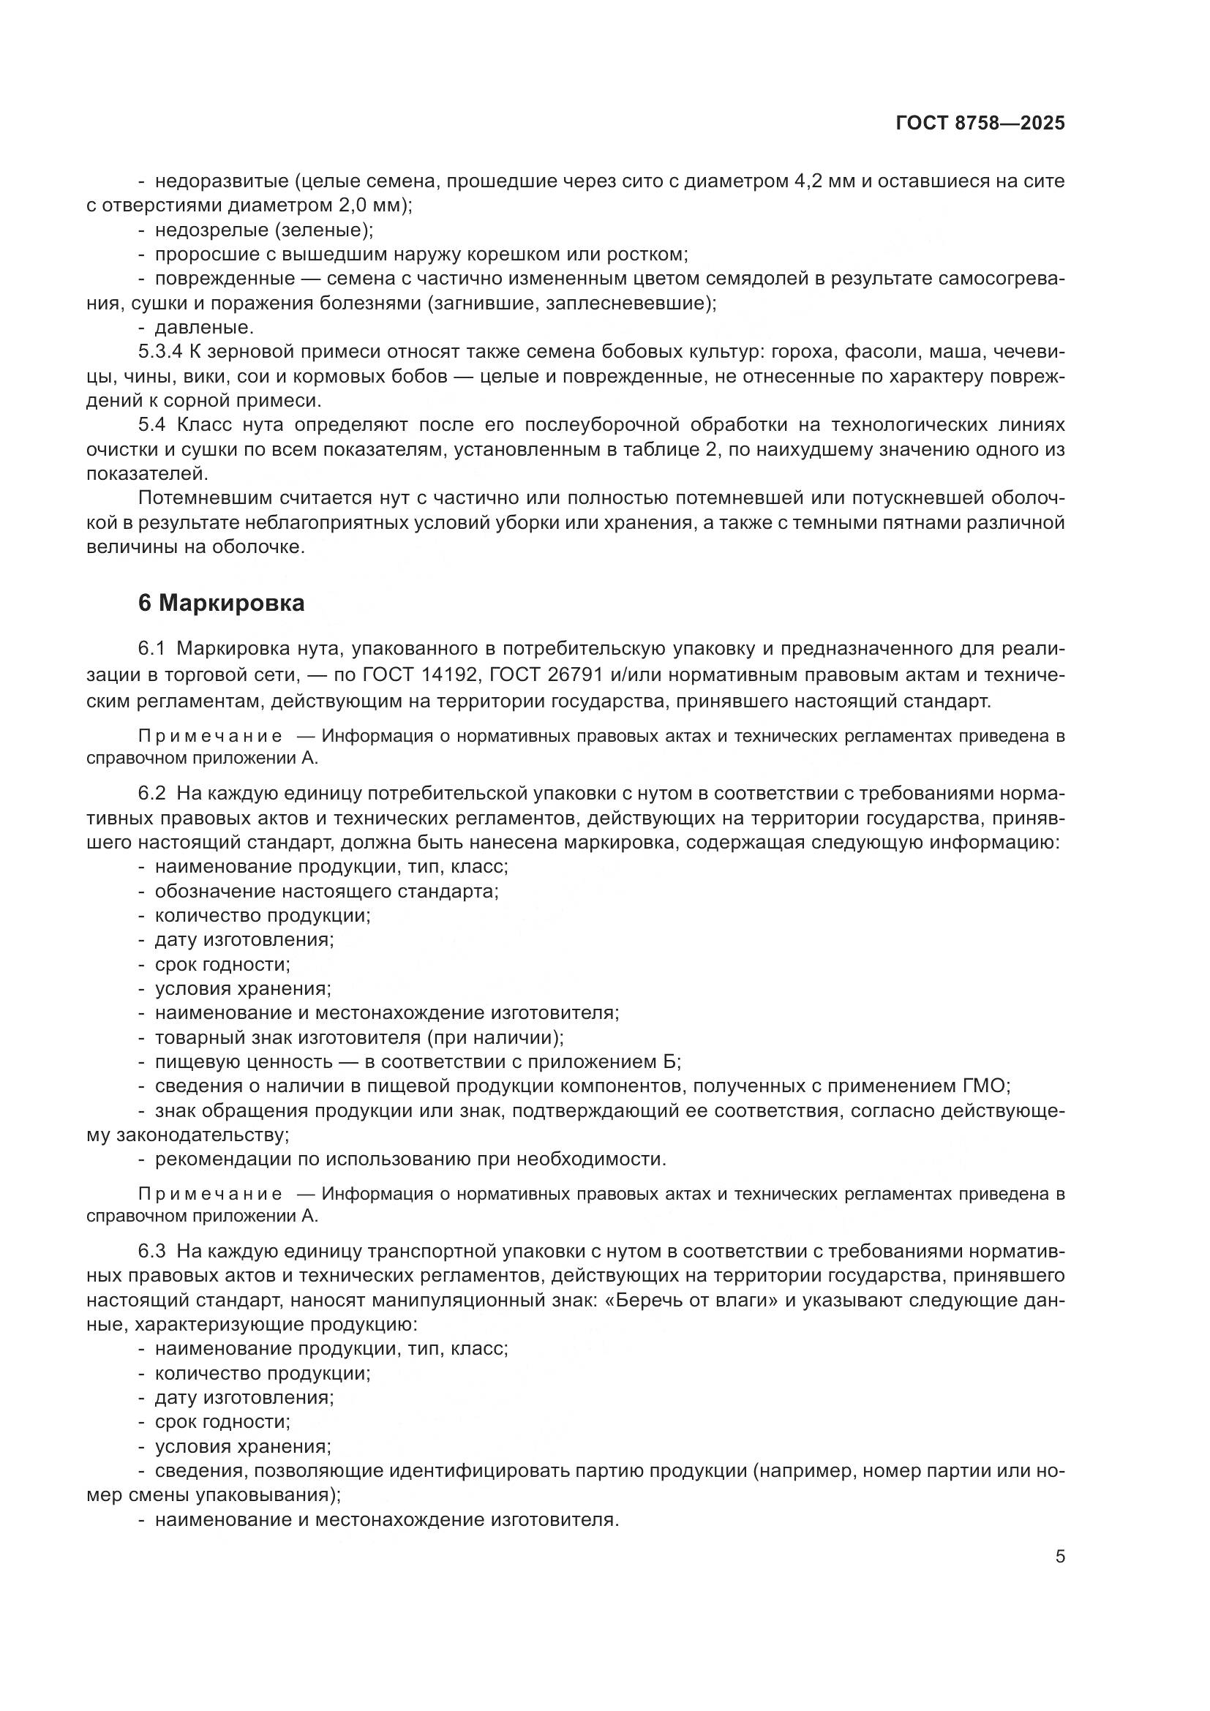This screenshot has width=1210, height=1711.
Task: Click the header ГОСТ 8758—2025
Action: pos(980,124)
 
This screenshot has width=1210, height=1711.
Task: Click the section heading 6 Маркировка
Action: pos(221,603)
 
